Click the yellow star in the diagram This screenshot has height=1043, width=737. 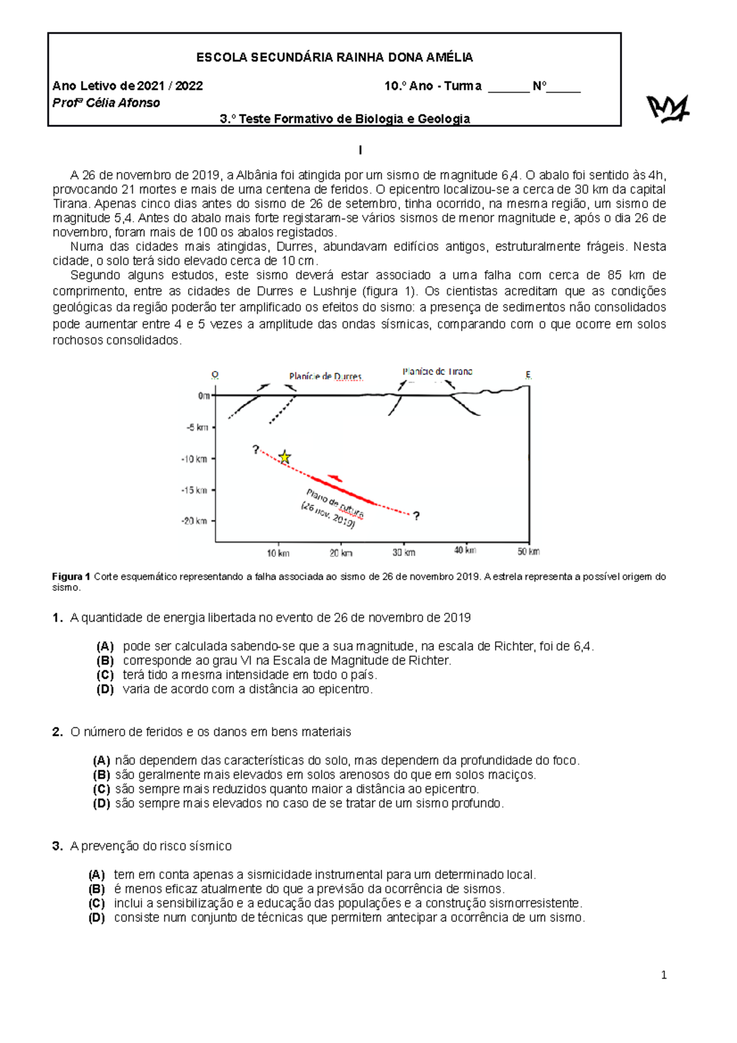click(284, 457)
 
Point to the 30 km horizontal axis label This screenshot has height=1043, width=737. click(404, 552)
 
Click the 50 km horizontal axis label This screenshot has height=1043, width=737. click(528, 552)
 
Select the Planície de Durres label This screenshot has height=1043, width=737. click(326, 377)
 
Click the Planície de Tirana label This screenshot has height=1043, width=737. click(437, 372)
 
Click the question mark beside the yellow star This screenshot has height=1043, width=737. click(255, 450)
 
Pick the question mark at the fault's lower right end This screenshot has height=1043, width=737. click(416, 516)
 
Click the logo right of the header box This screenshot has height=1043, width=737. click(668, 109)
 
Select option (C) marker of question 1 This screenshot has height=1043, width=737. click(105, 674)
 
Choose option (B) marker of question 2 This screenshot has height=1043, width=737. click(101, 775)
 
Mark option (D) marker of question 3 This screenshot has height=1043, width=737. click(96, 918)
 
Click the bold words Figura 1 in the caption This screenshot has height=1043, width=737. click(71, 577)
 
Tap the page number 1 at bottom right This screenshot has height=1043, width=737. click(663, 975)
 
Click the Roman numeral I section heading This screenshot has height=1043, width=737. click(361, 150)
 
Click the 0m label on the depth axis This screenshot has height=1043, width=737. click(204, 396)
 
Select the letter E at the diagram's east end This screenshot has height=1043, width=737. click(528, 375)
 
